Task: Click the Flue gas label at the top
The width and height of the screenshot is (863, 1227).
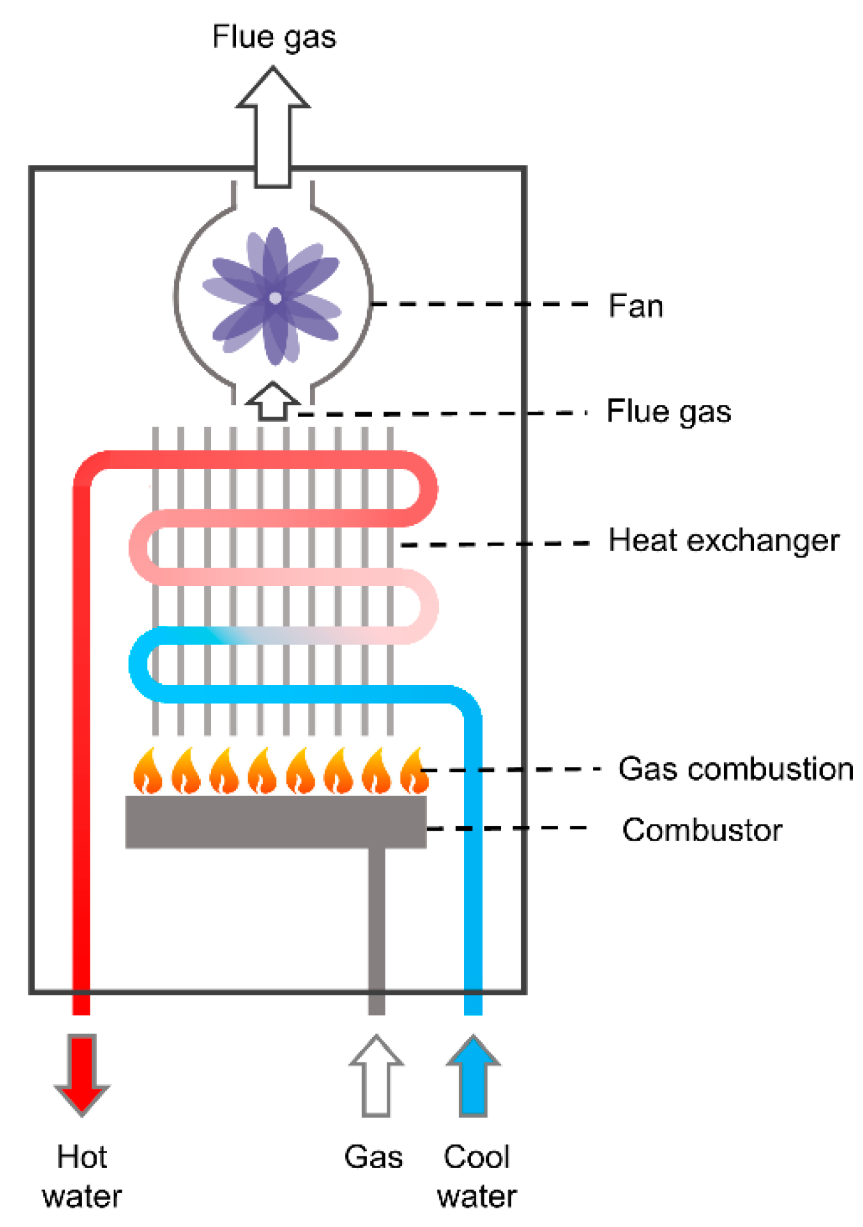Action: click(274, 37)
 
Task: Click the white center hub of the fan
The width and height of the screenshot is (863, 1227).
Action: click(275, 298)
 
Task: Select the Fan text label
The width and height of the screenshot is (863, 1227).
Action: click(636, 305)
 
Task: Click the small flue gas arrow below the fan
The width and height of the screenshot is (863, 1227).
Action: click(272, 402)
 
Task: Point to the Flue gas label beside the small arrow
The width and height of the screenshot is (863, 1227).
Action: click(668, 411)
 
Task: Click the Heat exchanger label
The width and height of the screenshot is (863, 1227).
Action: click(723, 541)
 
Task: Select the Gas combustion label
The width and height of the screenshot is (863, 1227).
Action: click(735, 769)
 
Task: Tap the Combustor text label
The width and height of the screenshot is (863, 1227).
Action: click(701, 830)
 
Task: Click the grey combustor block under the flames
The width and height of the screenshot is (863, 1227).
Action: click(275, 822)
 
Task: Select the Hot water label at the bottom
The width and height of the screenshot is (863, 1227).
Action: click(82, 1176)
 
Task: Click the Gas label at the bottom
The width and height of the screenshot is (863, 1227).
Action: click(373, 1157)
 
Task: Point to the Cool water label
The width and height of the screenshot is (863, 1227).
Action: click(476, 1176)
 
